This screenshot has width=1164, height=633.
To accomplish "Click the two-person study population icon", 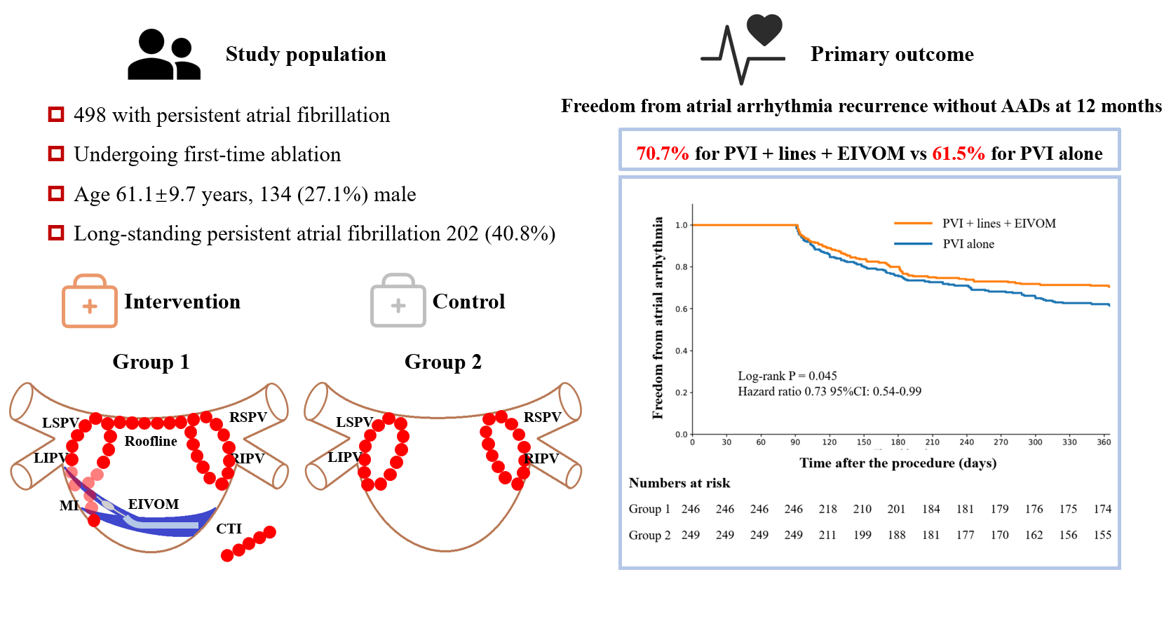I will pyautogui.click(x=164, y=54).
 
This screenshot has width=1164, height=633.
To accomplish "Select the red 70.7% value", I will pyautogui.click(x=663, y=154).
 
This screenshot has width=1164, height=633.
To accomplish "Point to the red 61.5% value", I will pyautogui.click(x=959, y=154).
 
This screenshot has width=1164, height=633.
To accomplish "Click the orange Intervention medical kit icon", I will pyautogui.click(x=90, y=301).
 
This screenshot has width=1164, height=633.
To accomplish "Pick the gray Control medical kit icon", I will pyautogui.click(x=398, y=301).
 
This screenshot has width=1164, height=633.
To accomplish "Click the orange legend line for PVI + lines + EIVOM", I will pyautogui.click(x=912, y=224).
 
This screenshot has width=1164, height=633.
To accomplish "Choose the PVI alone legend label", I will pyautogui.click(x=968, y=244).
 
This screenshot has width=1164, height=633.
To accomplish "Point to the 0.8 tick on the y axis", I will pyautogui.click(x=681, y=267).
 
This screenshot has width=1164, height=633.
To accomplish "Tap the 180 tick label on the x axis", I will pyautogui.click(x=898, y=442).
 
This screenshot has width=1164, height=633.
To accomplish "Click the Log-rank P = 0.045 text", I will pyautogui.click(x=787, y=376).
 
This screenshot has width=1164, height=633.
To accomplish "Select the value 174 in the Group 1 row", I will pyautogui.click(x=1102, y=509).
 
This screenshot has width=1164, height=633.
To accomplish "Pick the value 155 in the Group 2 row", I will pyautogui.click(x=1102, y=535).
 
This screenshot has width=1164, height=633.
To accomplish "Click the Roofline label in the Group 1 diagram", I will pyautogui.click(x=151, y=441).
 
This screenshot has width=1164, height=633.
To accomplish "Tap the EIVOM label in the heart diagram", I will pyautogui.click(x=153, y=504).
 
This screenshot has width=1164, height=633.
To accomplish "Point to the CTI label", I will pyautogui.click(x=229, y=529).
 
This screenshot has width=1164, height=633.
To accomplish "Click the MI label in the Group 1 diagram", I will pyautogui.click(x=69, y=505).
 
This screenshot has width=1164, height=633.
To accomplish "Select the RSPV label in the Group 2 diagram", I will pyautogui.click(x=542, y=417).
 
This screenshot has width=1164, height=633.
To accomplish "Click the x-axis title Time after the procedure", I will pyautogui.click(x=898, y=463).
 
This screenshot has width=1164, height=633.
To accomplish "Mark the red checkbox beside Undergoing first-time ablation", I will pyautogui.click(x=56, y=154).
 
